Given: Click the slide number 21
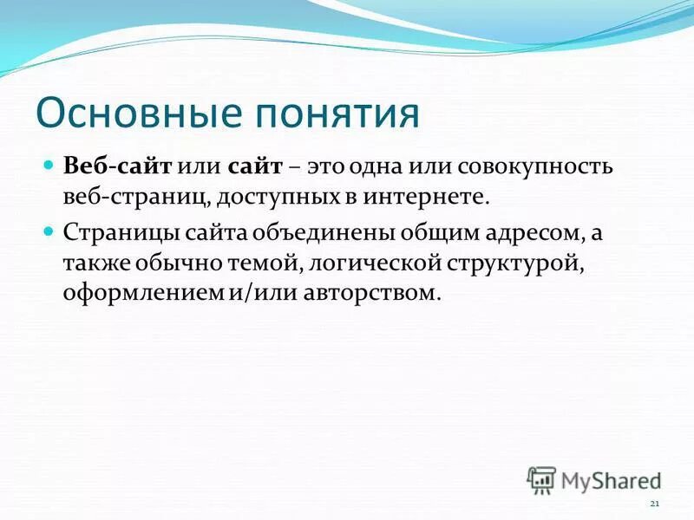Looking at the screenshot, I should pos(654,504).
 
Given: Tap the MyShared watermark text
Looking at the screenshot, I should pos(611,479).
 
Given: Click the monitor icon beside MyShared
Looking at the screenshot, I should pos(541,479).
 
